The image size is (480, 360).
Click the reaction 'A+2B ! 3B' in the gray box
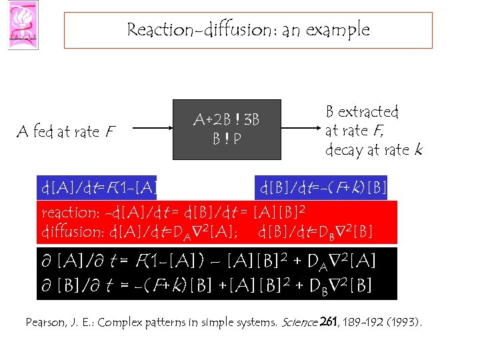226,120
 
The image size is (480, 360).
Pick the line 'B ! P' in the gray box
226,139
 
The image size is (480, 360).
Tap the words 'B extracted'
361,112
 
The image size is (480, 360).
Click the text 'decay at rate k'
373,150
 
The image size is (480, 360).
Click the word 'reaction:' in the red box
71,213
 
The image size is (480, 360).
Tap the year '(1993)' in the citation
404,323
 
